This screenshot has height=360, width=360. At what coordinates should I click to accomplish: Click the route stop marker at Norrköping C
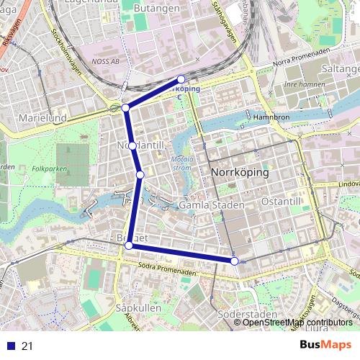181,79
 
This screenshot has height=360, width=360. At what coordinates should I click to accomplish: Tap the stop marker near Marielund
126,107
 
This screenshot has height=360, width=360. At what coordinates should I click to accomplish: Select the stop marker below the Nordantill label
140,174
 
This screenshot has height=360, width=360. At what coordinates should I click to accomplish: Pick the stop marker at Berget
129,246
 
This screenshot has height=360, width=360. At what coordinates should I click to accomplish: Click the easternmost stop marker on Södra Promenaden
235,260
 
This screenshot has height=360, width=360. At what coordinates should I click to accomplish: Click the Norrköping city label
240,174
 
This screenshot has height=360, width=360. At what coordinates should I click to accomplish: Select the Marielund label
42,117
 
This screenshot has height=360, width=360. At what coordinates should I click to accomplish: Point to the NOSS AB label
105,62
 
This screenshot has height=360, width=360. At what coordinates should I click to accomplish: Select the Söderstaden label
247,315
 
